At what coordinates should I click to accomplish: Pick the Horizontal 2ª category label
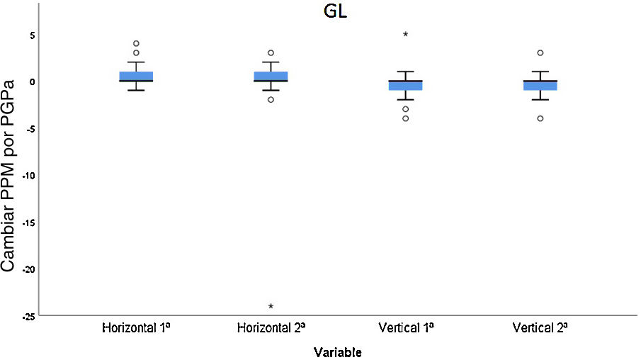click(271, 329)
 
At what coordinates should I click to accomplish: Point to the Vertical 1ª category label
click(405, 329)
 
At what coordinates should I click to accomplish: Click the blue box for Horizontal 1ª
click(136, 77)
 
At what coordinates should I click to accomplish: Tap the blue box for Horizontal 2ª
click(271, 77)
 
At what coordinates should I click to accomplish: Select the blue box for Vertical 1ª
click(405, 86)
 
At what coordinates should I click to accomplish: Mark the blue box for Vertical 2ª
click(540, 86)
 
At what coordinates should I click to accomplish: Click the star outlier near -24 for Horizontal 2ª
click(271, 306)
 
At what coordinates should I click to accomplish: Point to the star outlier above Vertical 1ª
click(405, 34)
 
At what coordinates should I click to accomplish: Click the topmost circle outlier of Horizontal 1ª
click(136, 43)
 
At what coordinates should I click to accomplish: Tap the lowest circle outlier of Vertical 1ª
click(405, 118)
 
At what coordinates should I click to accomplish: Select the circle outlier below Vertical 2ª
click(540, 118)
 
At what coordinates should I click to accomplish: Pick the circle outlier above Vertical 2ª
click(540, 52)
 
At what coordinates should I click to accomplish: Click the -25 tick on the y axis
click(29, 315)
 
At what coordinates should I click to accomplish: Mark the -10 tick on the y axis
click(29, 175)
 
